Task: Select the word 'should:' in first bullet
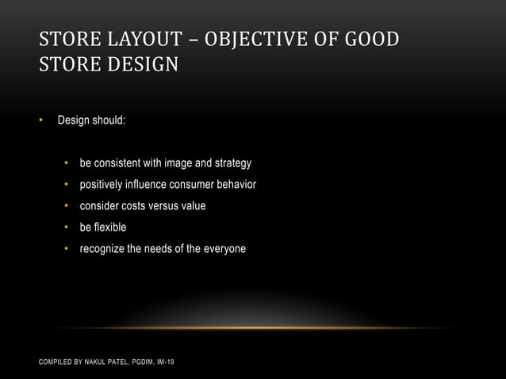pyautogui.click(x=109, y=121)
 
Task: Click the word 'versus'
pyautogui.click(x=163, y=206)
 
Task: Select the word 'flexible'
pyautogui.click(x=110, y=228)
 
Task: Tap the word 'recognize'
pyautogui.click(x=102, y=249)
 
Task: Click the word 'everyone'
pyautogui.click(x=224, y=249)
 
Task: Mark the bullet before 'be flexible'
pyautogui.click(x=67, y=228)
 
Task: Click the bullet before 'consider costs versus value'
pyautogui.click(x=67, y=206)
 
